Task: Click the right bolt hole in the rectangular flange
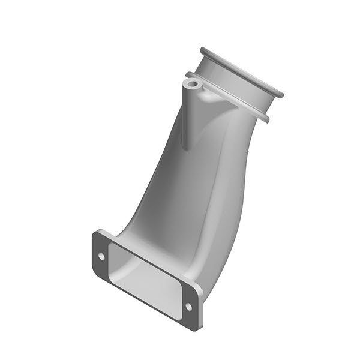(x=188, y=307)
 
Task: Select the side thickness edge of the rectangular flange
(x=200, y=312)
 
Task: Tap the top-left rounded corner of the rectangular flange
(x=98, y=234)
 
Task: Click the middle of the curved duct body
(x=192, y=192)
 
